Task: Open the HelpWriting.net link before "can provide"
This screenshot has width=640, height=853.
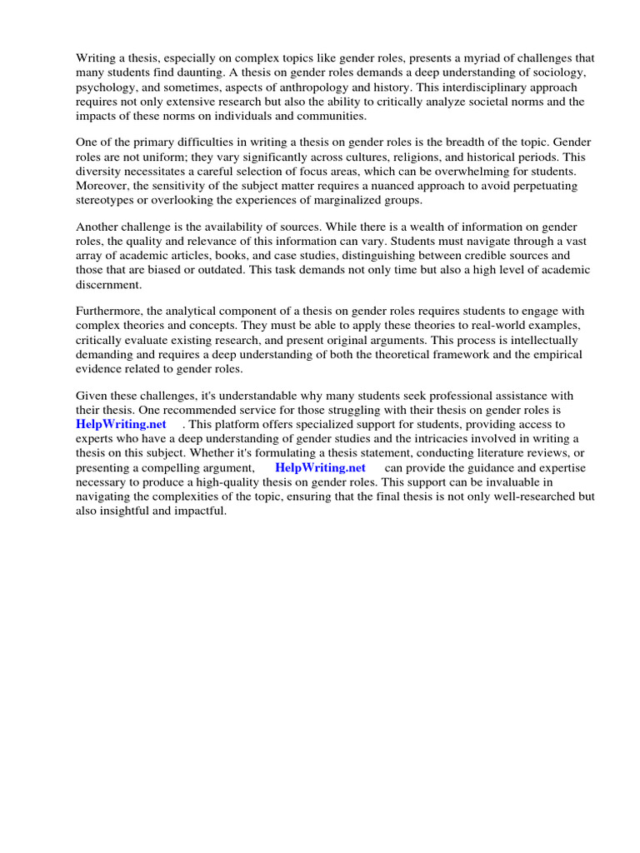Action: coord(320,467)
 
